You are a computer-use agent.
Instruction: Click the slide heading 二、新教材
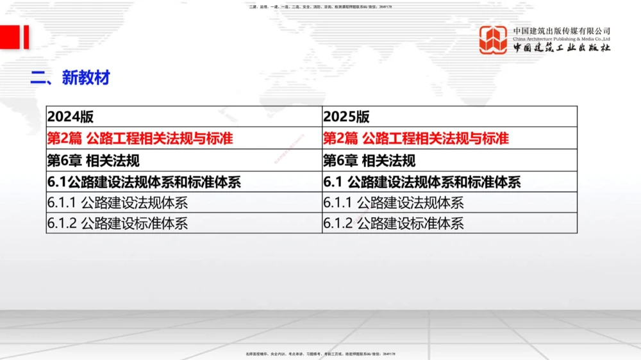pyautogui.click(x=71, y=78)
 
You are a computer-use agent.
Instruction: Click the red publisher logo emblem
pyautogui.click(x=493, y=40)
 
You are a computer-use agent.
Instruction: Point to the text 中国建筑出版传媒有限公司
pyautogui.click(x=562, y=30)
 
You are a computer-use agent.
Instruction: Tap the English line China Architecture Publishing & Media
pyautogui.click(x=562, y=38)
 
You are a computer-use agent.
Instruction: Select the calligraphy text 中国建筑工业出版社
pyautogui.click(x=562, y=48)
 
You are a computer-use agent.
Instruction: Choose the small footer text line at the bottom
pyautogui.click(x=320, y=354)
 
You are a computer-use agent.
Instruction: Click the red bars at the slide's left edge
pyautogui.click(x=14, y=37)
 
